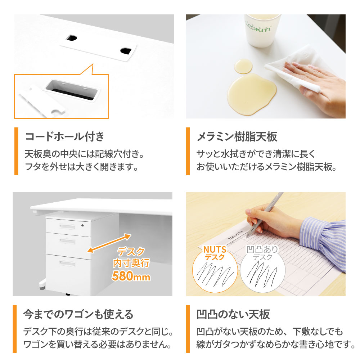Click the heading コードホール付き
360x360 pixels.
tap(65, 136)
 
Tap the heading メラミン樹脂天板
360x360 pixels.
tap(237, 136)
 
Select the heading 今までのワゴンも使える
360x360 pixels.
tap(78, 314)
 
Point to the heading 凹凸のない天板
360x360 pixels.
tap(233, 314)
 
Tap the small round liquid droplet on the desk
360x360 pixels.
tap(243, 66)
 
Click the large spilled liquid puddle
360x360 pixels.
tap(252, 94)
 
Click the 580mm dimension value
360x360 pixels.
tap(131, 276)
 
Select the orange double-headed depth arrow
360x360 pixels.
tap(109, 243)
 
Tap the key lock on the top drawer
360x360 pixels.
tap(82, 225)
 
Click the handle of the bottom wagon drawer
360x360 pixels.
tap(67, 264)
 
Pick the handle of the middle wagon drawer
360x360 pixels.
tap(67, 241)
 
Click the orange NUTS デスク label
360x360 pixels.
tap(215, 253)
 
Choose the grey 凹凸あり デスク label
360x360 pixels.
tap(262, 253)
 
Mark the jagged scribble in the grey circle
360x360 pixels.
tap(262, 274)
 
